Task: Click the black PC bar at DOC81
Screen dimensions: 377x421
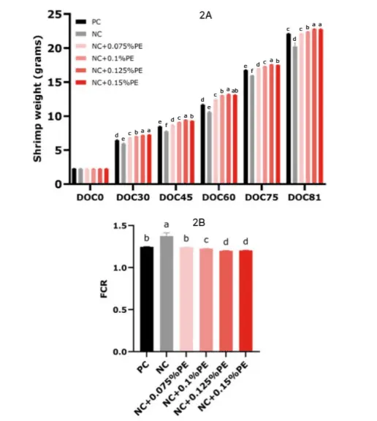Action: click(289, 108)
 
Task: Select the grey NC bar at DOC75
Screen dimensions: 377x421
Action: click(252, 129)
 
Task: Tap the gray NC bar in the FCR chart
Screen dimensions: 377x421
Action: click(167, 294)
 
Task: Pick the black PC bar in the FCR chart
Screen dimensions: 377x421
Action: click(147, 299)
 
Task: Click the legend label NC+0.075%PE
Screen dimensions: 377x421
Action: click(117, 46)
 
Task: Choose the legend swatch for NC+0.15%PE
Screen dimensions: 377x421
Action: click(81, 83)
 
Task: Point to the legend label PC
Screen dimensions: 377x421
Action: click(96, 22)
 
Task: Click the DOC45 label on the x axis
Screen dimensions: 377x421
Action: click(176, 197)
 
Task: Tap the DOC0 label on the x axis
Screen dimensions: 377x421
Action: click(90, 197)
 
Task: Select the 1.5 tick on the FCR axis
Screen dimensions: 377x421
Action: click(120, 226)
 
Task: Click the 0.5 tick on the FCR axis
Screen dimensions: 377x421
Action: click(120, 310)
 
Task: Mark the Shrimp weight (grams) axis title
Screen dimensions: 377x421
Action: click(37, 99)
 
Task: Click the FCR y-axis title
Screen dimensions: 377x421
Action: click(104, 289)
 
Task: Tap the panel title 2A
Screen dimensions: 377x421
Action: click(205, 15)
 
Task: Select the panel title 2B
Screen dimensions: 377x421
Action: click(199, 223)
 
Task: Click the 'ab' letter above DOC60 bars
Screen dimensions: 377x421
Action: click(235, 91)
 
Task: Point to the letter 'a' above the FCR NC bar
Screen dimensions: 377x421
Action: click(167, 224)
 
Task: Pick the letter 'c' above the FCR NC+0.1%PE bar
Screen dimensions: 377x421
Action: click(206, 240)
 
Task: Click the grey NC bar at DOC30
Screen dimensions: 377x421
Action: click(123, 164)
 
